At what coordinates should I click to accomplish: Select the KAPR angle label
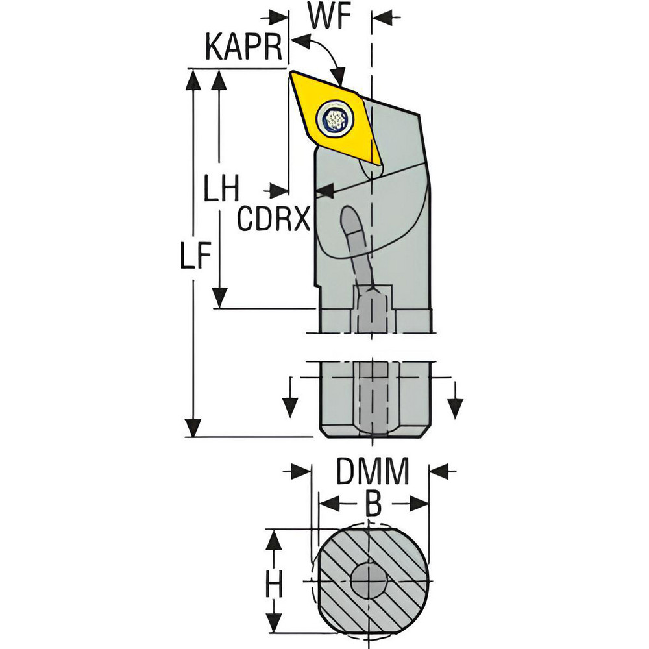243,49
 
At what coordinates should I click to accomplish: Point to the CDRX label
272,219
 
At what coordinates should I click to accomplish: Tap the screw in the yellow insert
335,119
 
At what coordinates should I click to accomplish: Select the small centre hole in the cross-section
367,580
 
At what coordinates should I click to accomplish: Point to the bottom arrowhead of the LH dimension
221,298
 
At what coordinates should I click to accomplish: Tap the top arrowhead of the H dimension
275,538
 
